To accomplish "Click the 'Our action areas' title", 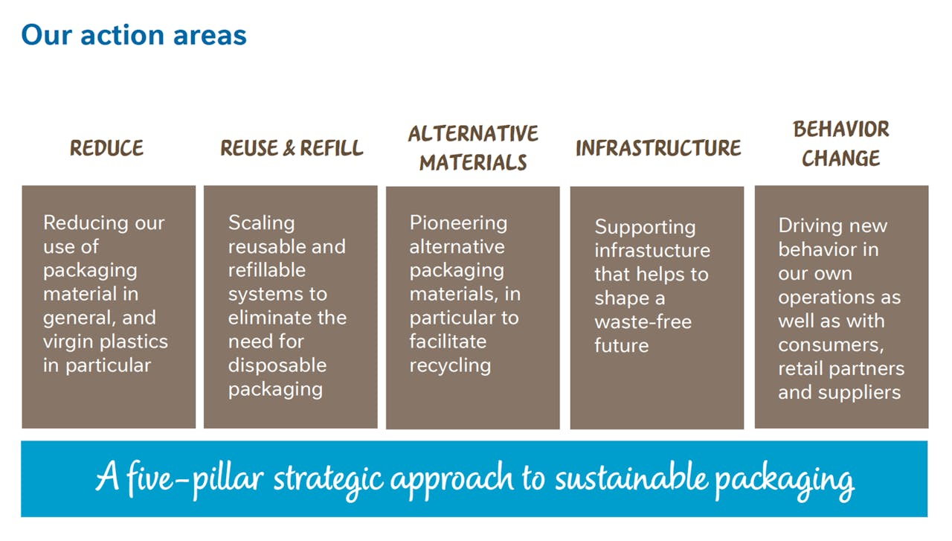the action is point(134,34).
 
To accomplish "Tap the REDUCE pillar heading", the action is point(106,148).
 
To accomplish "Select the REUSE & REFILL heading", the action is point(292,148).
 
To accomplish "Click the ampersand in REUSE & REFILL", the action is point(289,148).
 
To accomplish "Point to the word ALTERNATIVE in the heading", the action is point(473,133).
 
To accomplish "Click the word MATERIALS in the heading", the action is point(473,162).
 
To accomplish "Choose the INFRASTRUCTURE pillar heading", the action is point(658,148).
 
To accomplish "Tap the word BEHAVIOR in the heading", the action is point(841,129).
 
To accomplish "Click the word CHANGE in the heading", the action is point(841,158).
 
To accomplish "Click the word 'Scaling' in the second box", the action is point(261,223).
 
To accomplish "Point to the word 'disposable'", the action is point(277,365).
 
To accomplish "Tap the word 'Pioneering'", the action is point(458,223).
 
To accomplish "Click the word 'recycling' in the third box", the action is point(450,366).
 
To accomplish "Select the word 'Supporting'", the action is point(645,228).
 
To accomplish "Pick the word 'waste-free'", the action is point(643,322).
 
